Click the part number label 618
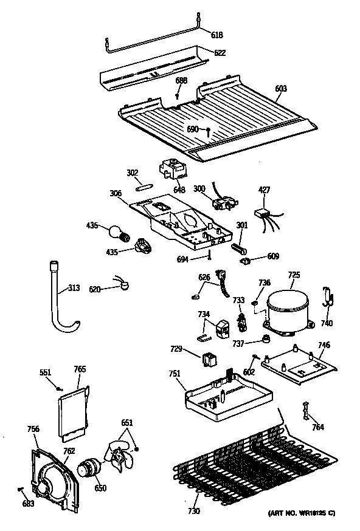[x=216, y=35]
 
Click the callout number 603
[x=280, y=89]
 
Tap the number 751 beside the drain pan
[x=175, y=374]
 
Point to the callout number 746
[x=324, y=345]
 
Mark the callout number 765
[x=80, y=369]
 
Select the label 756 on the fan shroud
[x=33, y=429]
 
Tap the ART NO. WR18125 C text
[x=302, y=514]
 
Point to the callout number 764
[x=317, y=427]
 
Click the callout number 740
[x=327, y=323]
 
